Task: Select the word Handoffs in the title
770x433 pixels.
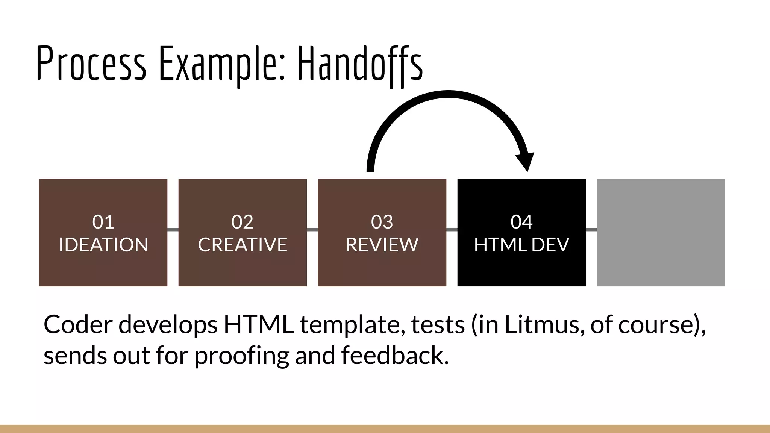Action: tap(360, 63)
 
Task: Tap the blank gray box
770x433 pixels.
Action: tap(661, 232)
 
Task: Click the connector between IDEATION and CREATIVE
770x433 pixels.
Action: tap(173, 230)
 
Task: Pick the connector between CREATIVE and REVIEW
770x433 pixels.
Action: tap(312, 230)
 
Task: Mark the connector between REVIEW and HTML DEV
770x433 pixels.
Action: tap(452, 230)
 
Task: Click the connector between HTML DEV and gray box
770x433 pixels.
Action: tap(591, 230)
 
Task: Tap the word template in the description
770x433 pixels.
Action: tap(352, 325)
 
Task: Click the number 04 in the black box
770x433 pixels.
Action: tap(521, 222)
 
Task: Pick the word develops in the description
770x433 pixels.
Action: tap(168, 325)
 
